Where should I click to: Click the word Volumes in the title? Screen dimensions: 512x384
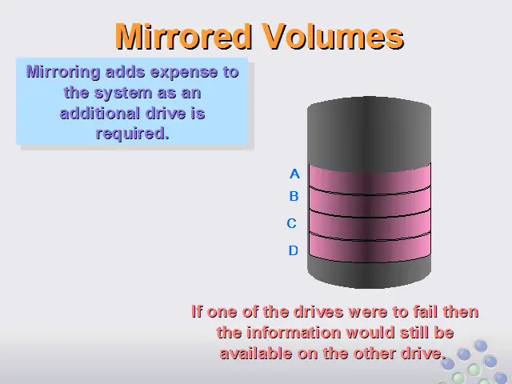pyautogui.click(x=334, y=37)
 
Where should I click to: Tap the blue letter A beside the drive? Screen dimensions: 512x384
pyautogui.click(x=294, y=174)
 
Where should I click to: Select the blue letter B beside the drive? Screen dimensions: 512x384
pyautogui.click(x=294, y=196)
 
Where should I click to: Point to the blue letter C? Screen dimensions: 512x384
pyautogui.click(x=291, y=224)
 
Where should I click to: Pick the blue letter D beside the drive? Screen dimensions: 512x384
pyautogui.click(x=294, y=250)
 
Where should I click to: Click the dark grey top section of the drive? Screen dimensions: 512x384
pyautogui.click(x=370, y=134)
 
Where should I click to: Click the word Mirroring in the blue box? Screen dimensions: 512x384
pyautogui.click(x=63, y=72)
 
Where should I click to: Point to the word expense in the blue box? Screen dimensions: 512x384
pyautogui.click(x=184, y=73)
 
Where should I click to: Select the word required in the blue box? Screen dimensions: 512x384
pyautogui.click(x=132, y=134)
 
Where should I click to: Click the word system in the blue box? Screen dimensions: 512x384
pyautogui.click(x=123, y=94)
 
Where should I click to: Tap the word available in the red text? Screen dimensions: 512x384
pyautogui.click(x=256, y=354)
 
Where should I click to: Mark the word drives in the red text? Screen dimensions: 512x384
pyautogui.click(x=318, y=311)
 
